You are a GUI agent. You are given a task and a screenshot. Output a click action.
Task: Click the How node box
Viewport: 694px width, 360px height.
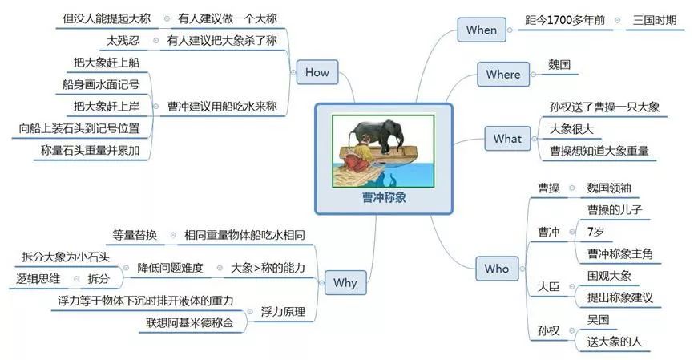pyautogui.click(x=317, y=72)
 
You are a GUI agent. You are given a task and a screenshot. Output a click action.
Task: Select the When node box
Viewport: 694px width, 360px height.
pyautogui.click(x=482, y=30)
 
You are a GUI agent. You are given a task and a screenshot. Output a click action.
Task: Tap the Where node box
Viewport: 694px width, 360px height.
pyautogui.click(x=503, y=75)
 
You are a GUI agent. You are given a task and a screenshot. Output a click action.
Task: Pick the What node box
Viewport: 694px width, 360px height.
pyautogui.click(x=507, y=139)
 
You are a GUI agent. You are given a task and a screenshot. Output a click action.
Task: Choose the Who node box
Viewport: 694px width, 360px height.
pyautogui.click(x=497, y=269)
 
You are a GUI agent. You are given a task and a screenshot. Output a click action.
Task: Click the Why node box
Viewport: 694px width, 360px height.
pyautogui.click(x=345, y=283)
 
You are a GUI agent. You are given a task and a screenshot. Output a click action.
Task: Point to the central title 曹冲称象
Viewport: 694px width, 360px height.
pyautogui.click(x=383, y=197)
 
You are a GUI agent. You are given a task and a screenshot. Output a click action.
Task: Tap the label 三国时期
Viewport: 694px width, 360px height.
pyautogui.click(x=654, y=19)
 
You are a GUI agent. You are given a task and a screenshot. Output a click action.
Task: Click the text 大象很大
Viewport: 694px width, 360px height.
pyautogui.click(x=571, y=128)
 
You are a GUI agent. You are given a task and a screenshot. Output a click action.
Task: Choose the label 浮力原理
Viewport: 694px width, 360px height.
pyautogui.click(x=283, y=311)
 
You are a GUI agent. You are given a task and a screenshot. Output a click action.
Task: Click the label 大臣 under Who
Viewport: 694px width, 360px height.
pyautogui.click(x=549, y=286)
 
